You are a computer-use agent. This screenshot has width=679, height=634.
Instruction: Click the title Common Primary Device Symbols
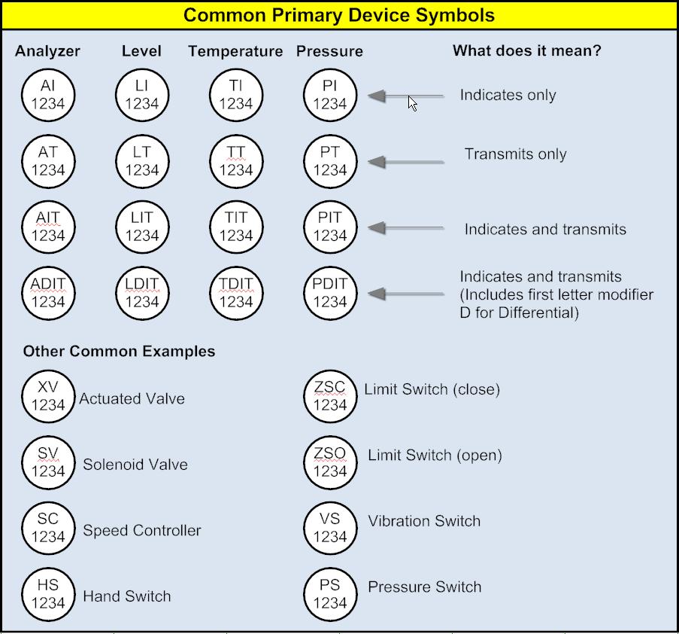pos(339,15)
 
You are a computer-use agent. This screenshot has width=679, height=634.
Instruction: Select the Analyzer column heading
pos(47,51)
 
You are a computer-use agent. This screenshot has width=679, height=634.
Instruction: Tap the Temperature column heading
pos(235,51)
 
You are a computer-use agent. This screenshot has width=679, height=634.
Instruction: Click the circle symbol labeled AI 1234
pos(48,96)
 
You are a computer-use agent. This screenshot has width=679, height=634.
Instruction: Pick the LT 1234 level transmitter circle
pos(142,161)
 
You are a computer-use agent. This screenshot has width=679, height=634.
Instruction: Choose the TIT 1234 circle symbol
pos(236,227)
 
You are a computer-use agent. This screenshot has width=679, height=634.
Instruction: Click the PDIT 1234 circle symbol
pos(330,293)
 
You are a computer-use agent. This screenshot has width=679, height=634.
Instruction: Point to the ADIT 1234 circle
pos(48,293)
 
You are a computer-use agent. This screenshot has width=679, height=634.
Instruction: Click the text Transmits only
pos(515,154)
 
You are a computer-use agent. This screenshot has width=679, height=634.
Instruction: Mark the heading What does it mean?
pos(526,51)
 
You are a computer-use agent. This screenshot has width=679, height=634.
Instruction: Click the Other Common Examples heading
pos(119,352)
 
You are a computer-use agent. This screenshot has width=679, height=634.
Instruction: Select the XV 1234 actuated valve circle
pos(48,396)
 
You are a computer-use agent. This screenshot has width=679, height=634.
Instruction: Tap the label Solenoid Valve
pos(135,465)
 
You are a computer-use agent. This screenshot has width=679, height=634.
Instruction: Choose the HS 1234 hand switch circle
pos(48,594)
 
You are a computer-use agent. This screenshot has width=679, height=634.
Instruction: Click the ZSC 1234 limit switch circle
pos(330,396)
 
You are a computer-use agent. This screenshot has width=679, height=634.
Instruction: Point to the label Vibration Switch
pos(424,521)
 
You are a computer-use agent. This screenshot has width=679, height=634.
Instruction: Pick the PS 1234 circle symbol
pos(330,594)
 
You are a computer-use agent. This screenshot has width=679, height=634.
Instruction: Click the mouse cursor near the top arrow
pos(413,103)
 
